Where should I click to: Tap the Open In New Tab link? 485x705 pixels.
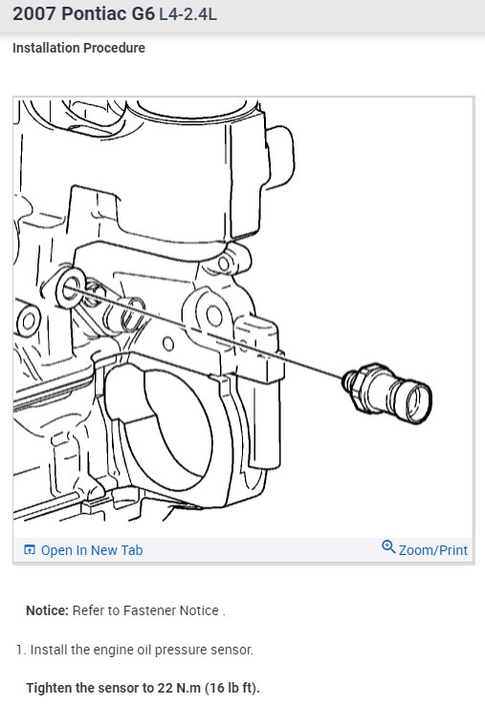tap(91, 550)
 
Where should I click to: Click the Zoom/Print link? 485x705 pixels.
tap(433, 550)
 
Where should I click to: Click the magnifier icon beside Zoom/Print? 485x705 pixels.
tap(388, 547)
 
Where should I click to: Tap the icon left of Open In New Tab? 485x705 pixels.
tap(30, 550)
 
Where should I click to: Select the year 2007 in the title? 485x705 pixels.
tap(34, 16)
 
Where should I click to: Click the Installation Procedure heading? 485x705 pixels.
tap(78, 48)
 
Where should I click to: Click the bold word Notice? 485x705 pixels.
tap(46, 610)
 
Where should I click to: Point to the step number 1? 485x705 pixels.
tap(19, 650)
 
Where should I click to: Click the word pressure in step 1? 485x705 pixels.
tap(176, 650)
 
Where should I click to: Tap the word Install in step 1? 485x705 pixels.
tap(49, 650)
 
